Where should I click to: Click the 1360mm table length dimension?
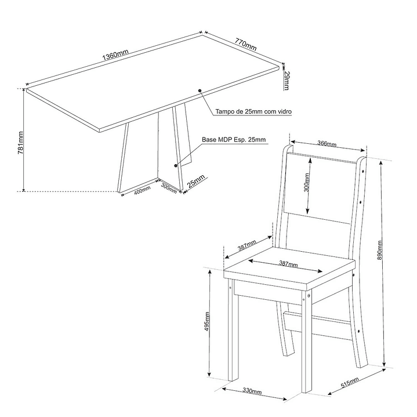tap(115, 55)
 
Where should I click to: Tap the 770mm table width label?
tap(246, 45)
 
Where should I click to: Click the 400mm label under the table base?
tap(142, 190)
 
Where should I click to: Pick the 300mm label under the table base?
tap(169, 188)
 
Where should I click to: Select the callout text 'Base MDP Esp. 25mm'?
tap(234, 140)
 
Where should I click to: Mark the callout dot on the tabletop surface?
tap(200, 90)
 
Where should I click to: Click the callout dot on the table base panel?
tap(176, 165)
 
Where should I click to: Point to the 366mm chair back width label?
tap(327, 143)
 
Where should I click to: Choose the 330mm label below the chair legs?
tap(253, 393)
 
